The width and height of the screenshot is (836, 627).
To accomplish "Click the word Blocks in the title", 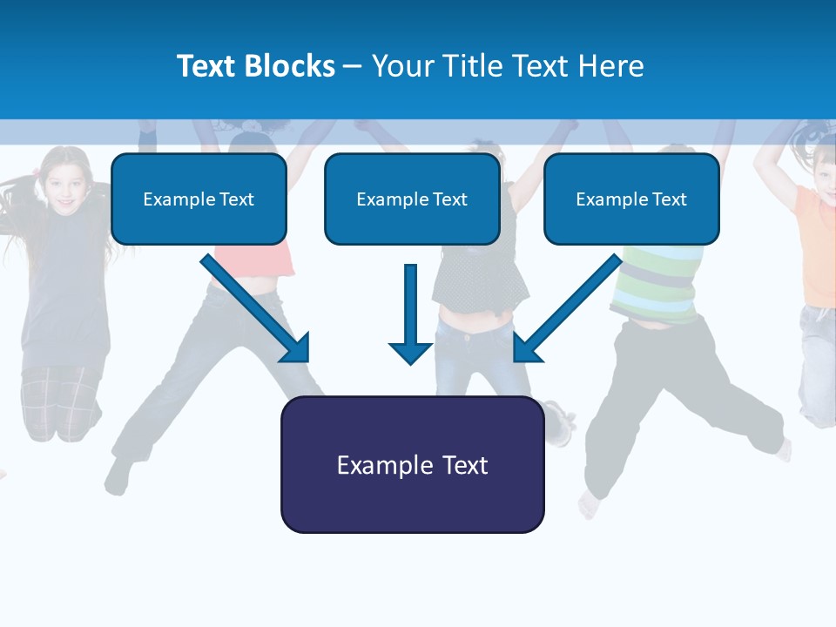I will [291, 66].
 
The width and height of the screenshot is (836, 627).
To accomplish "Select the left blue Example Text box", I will [199, 199].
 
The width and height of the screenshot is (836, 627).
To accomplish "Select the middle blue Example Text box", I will [412, 199].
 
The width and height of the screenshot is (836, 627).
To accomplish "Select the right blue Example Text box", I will [631, 199].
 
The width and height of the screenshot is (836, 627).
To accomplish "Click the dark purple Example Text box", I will [412, 465].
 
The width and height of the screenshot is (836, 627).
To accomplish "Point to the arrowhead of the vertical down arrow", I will [410, 353].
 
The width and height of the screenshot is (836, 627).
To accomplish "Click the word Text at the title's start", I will [207, 66].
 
